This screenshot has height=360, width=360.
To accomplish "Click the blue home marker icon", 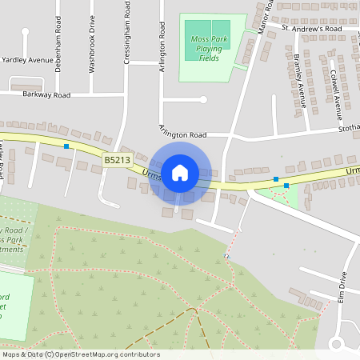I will click(180, 172).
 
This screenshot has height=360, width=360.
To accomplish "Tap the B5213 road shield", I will click(117, 160).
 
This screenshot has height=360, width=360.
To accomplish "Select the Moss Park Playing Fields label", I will click(208, 48).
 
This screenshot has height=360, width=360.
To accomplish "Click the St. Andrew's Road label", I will click(311, 28).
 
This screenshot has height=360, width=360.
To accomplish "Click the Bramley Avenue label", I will click(300, 81).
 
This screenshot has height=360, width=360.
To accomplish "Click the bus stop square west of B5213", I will click(66, 146).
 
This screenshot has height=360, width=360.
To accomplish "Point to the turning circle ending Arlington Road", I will click(203, 100).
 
